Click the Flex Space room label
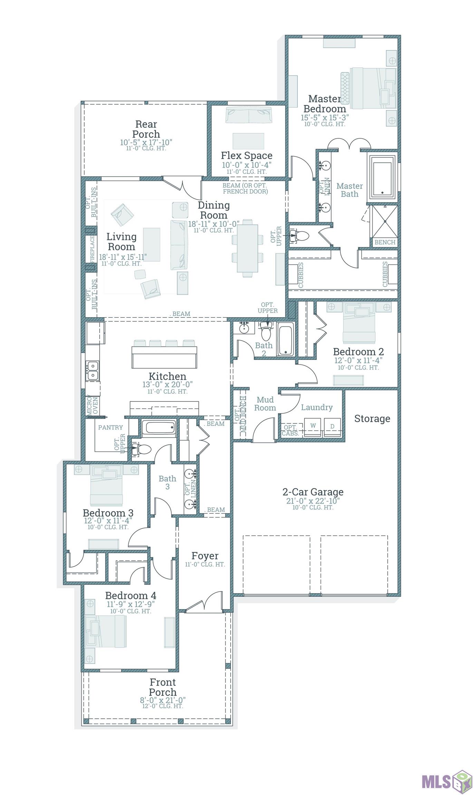coord(247,156)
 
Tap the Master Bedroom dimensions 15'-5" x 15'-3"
coord(325,118)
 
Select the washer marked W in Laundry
coord(313,427)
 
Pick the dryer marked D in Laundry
coord(332,427)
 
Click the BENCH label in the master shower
coord(385,242)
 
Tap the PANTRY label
coord(110,428)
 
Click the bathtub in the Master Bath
coord(382,178)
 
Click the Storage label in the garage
coord(372,419)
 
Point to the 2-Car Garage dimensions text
coord(313,501)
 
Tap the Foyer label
coord(205,556)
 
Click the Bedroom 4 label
coord(131,596)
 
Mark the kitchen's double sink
coord(92,371)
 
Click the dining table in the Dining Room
coord(248,248)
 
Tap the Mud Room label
coord(265,404)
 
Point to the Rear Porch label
coord(146,129)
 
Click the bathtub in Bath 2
coord(286,339)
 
